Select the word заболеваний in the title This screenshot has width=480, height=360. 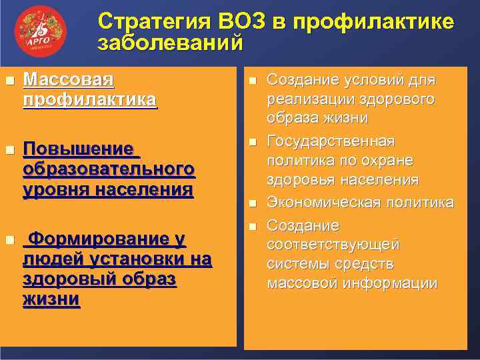tap(170, 44)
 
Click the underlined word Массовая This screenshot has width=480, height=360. tap(69, 80)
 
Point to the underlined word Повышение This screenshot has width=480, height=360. tap(77, 148)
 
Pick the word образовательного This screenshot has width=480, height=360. tap(109, 169)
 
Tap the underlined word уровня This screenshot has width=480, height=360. tap(53, 190)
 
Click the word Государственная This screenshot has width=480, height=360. tap(331, 142)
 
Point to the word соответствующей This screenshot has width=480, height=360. tap(333, 244)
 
